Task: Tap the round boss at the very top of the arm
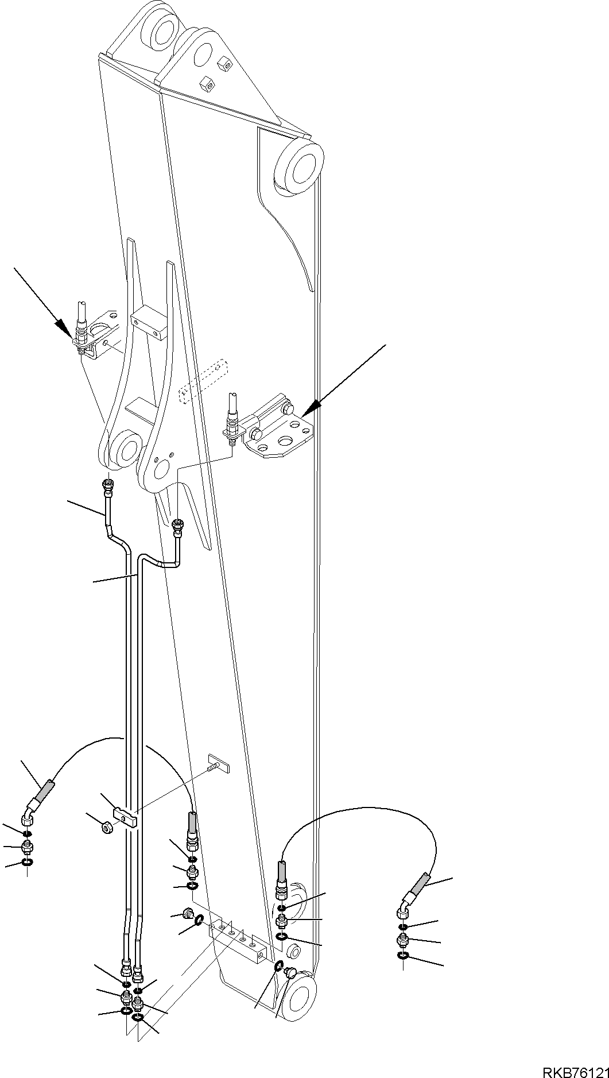pyautogui.click(x=163, y=30)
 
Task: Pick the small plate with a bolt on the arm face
pyautogui.click(x=219, y=762)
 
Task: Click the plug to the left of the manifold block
pyautogui.click(x=187, y=913)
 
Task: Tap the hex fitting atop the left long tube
pyautogui.click(x=108, y=486)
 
